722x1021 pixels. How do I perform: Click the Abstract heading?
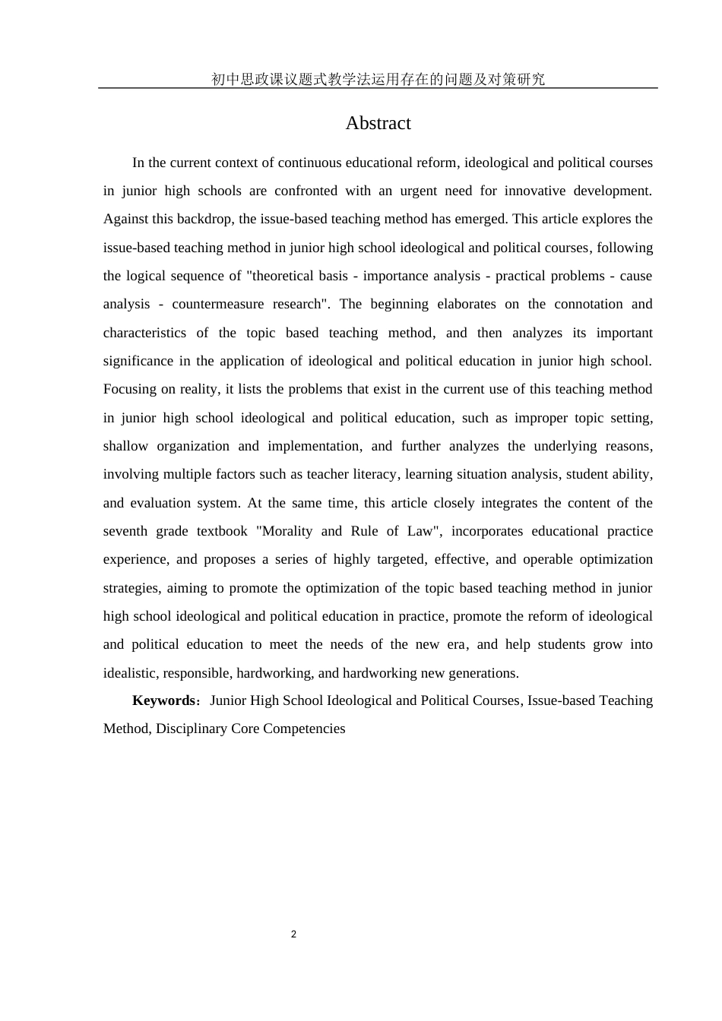pyautogui.click(x=378, y=123)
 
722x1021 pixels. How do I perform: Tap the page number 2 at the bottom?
pyautogui.click(x=293, y=934)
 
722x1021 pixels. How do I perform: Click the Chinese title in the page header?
pyautogui.click(x=378, y=79)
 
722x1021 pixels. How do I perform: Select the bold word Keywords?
pyautogui.click(x=163, y=700)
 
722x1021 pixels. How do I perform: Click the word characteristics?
pyautogui.click(x=144, y=333)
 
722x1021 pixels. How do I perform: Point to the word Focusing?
pyautogui.click(x=129, y=389)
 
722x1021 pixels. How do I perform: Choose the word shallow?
pyautogui.click(x=125, y=446)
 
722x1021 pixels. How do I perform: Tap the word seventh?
pyautogui.click(x=124, y=531)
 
